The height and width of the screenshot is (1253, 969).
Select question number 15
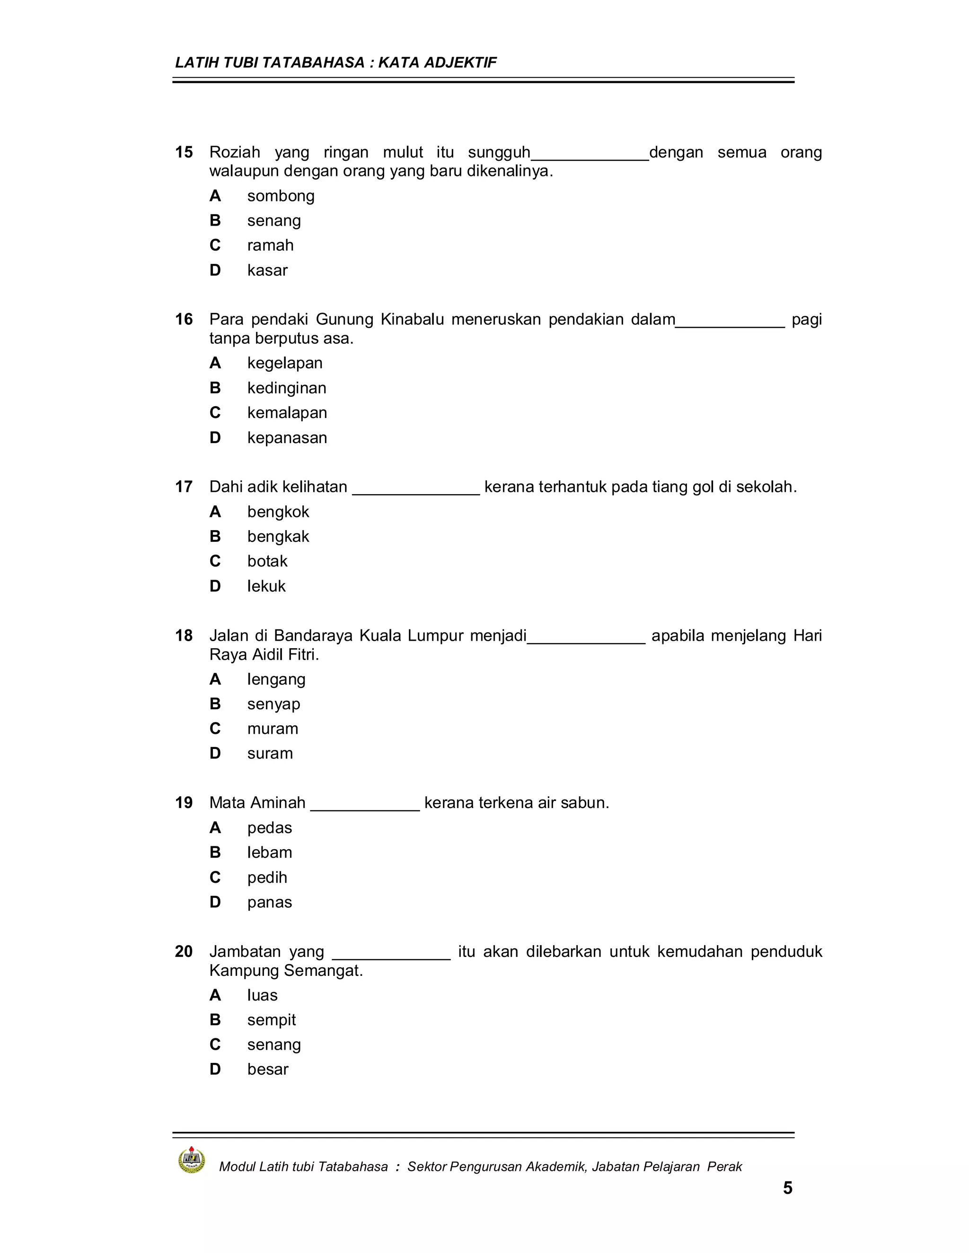coord(184,152)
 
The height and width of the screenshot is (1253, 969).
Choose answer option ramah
coord(270,245)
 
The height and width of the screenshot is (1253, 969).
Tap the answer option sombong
coord(281,196)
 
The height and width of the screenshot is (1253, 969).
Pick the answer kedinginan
coord(286,388)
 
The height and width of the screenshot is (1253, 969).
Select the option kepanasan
coord(287,438)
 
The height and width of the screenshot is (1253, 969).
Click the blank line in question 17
coord(415,490)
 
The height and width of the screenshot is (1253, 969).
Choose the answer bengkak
coord(278,537)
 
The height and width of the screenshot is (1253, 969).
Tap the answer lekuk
coord(266,586)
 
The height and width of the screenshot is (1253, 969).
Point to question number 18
coord(184,635)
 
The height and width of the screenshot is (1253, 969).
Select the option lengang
coord(276,680)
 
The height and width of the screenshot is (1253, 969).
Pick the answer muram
coord(273,729)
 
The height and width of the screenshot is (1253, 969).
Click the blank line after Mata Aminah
coord(365,806)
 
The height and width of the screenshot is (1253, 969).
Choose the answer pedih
coord(267,878)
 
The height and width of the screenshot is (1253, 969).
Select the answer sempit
coord(272,1020)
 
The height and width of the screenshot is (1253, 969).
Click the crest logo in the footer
coord(192,1160)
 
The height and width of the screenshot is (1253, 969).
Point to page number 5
coord(788,1188)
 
